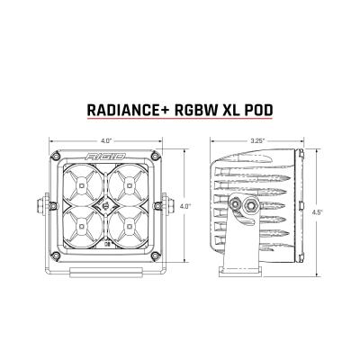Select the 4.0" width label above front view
[x=106, y=140]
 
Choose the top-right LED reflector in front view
[x=126, y=185]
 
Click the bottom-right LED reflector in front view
[x=126, y=227]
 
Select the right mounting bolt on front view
[x=169, y=206]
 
